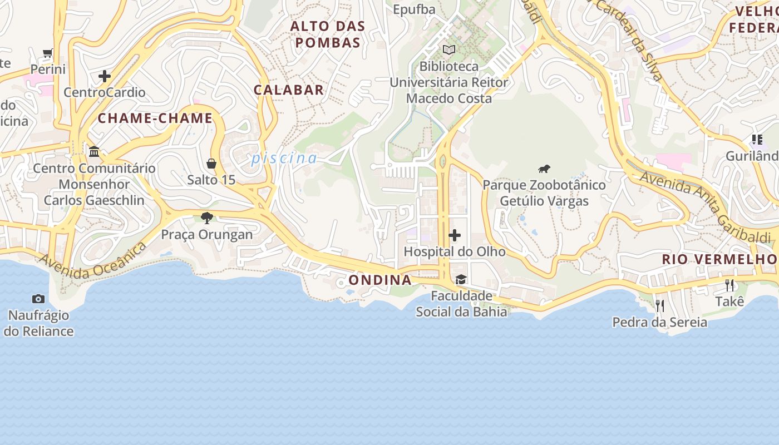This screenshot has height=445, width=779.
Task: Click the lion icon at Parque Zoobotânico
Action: point(544,169)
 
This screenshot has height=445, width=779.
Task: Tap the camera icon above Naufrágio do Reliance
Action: point(38,299)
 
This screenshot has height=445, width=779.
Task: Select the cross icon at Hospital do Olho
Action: point(455,235)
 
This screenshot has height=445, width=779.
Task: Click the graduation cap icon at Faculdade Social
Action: point(461,279)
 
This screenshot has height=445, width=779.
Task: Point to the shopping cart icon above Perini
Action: point(48,53)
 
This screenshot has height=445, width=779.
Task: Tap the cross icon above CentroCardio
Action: point(105,76)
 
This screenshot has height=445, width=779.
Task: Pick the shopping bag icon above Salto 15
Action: point(211,164)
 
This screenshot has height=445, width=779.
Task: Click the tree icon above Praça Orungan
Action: point(207,217)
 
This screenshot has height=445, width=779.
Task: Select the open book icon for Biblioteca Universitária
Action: point(449,50)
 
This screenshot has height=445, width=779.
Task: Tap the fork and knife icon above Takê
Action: point(729,285)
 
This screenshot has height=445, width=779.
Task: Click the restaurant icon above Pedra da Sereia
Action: point(659,305)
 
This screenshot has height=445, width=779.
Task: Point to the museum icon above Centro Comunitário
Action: point(93,151)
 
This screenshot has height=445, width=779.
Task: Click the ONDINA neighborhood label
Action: point(380,280)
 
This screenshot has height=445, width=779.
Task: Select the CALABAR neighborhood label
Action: point(289,90)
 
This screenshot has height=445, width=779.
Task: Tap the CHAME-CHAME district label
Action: point(155,118)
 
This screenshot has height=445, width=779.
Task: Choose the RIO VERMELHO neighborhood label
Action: point(719,259)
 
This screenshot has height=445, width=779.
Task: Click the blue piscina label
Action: point(284,159)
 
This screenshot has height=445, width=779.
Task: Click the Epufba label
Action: point(415,9)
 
